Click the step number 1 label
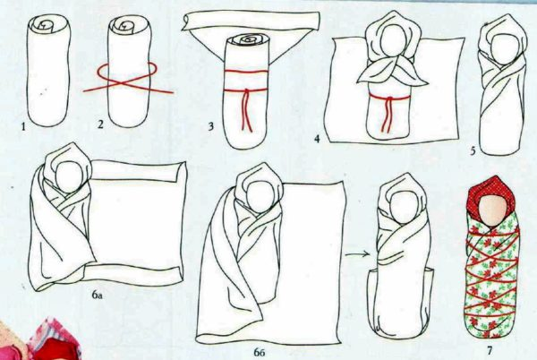click(x=23, y=127)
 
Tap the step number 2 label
click(x=100, y=124)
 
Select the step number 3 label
click(x=211, y=126)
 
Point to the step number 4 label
click(x=317, y=139)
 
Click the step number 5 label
click(x=473, y=150)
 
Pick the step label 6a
click(x=97, y=295)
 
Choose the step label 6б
click(x=260, y=352)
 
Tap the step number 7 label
click(x=490, y=350)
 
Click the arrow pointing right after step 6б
click(x=358, y=254)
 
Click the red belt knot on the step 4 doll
click(x=388, y=99)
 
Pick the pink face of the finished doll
click(x=491, y=209)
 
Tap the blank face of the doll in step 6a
click(x=69, y=176)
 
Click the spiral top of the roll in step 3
click(x=247, y=40)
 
